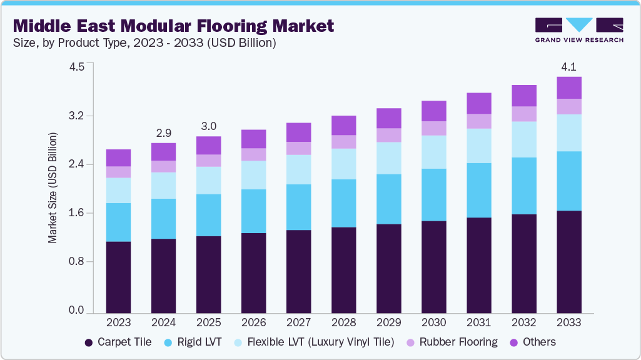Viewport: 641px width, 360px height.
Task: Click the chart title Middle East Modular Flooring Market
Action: [x=173, y=26]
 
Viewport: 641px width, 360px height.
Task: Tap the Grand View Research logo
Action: [x=578, y=30]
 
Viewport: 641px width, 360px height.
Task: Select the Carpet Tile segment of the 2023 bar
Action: [x=118, y=277]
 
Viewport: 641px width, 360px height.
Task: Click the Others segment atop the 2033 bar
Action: [x=568, y=87]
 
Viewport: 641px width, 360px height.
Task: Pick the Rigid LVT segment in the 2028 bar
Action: [x=343, y=203]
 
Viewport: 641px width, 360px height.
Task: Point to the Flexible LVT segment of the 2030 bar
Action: [x=433, y=152]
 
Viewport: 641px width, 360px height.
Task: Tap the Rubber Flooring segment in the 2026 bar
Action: [x=253, y=154]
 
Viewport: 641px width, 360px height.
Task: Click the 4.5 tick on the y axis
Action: [x=76, y=67]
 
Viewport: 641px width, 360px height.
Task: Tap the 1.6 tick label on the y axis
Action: [x=76, y=213]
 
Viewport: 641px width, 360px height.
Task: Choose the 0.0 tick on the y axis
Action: [x=76, y=311]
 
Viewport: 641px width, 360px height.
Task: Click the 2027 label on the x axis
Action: [x=298, y=322]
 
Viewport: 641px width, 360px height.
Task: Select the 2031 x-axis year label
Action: [x=478, y=322]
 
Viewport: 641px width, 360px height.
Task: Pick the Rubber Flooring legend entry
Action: [x=452, y=342]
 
